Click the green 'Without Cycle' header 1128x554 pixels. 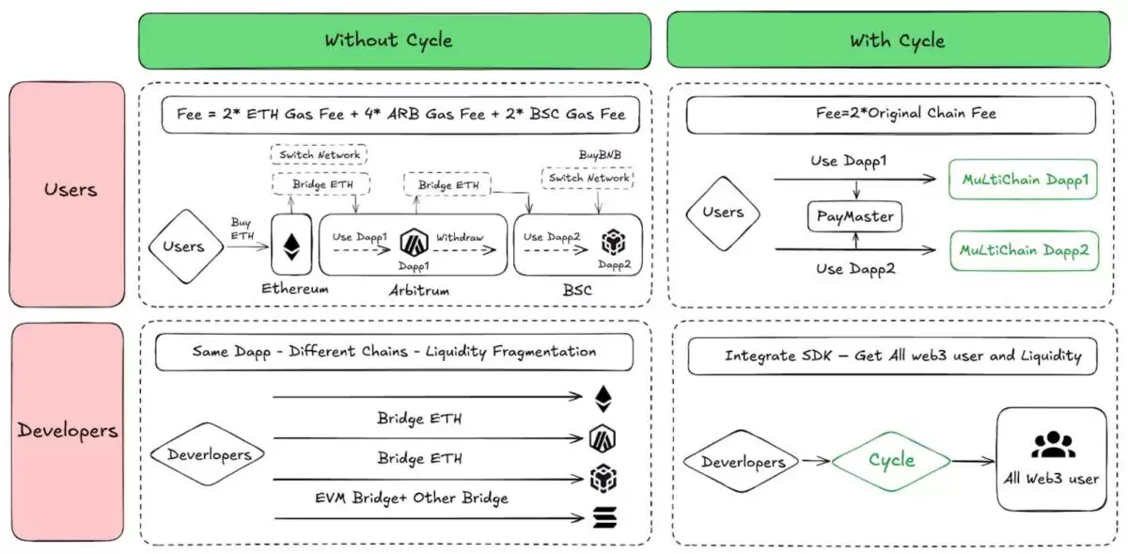[394, 40]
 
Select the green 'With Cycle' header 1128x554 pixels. [896, 40]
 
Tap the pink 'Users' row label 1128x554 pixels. [68, 190]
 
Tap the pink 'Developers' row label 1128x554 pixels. [68, 432]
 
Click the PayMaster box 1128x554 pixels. [854, 217]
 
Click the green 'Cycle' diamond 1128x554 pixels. [890, 460]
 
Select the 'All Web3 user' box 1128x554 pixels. [1051, 459]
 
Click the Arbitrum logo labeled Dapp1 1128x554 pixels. [413, 244]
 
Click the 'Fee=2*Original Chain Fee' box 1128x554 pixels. [890, 114]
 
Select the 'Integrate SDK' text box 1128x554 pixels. [902, 356]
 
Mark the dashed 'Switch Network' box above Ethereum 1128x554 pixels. [319, 153]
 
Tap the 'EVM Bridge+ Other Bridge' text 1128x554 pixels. [412, 498]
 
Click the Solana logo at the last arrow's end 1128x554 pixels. [602, 517]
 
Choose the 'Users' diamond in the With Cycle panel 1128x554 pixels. [722, 214]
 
